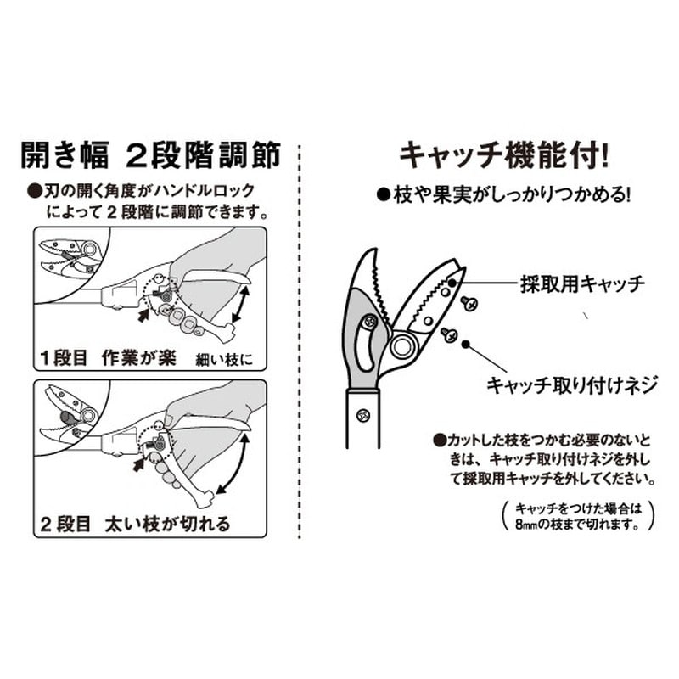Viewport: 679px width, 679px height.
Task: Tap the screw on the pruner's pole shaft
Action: coord(362,415)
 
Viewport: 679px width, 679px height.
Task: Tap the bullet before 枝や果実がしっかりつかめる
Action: coord(383,194)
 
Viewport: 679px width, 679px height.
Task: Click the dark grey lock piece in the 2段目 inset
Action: coord(67,417)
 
